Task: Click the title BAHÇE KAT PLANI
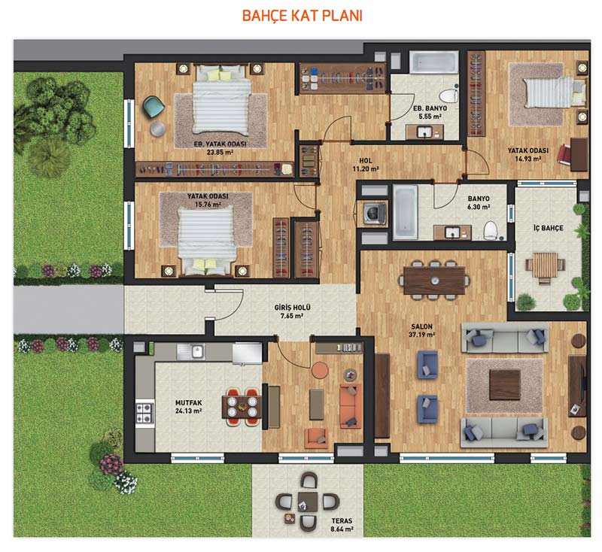303,16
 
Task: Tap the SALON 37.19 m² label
422,330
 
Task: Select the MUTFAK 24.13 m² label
189,407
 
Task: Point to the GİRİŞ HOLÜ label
292,308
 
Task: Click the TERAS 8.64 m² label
342,525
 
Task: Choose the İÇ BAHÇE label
549,228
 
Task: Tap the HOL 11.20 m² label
366,165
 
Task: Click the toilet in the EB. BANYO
448,95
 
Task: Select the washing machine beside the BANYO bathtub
372,213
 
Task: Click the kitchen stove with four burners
144,413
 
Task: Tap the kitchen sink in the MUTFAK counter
197,351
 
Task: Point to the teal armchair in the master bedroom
154,107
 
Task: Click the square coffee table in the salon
504,384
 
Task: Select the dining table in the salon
434,281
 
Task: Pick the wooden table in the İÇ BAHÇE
545,265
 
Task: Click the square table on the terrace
308,502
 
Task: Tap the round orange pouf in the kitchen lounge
319,371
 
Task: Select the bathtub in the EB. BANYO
434,62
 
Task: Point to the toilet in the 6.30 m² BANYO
491,230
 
